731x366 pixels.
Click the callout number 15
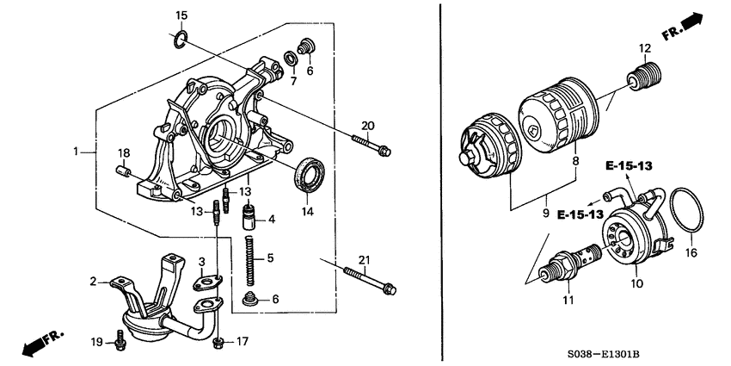[181, 16]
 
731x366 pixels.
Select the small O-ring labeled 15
[180, 39]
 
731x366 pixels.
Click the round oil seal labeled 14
[309, 177]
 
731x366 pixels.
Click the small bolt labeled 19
[119, 344]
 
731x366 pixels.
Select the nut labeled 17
[219, 343]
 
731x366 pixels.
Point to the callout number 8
[575, 159]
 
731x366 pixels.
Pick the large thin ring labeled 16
[685, 211]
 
